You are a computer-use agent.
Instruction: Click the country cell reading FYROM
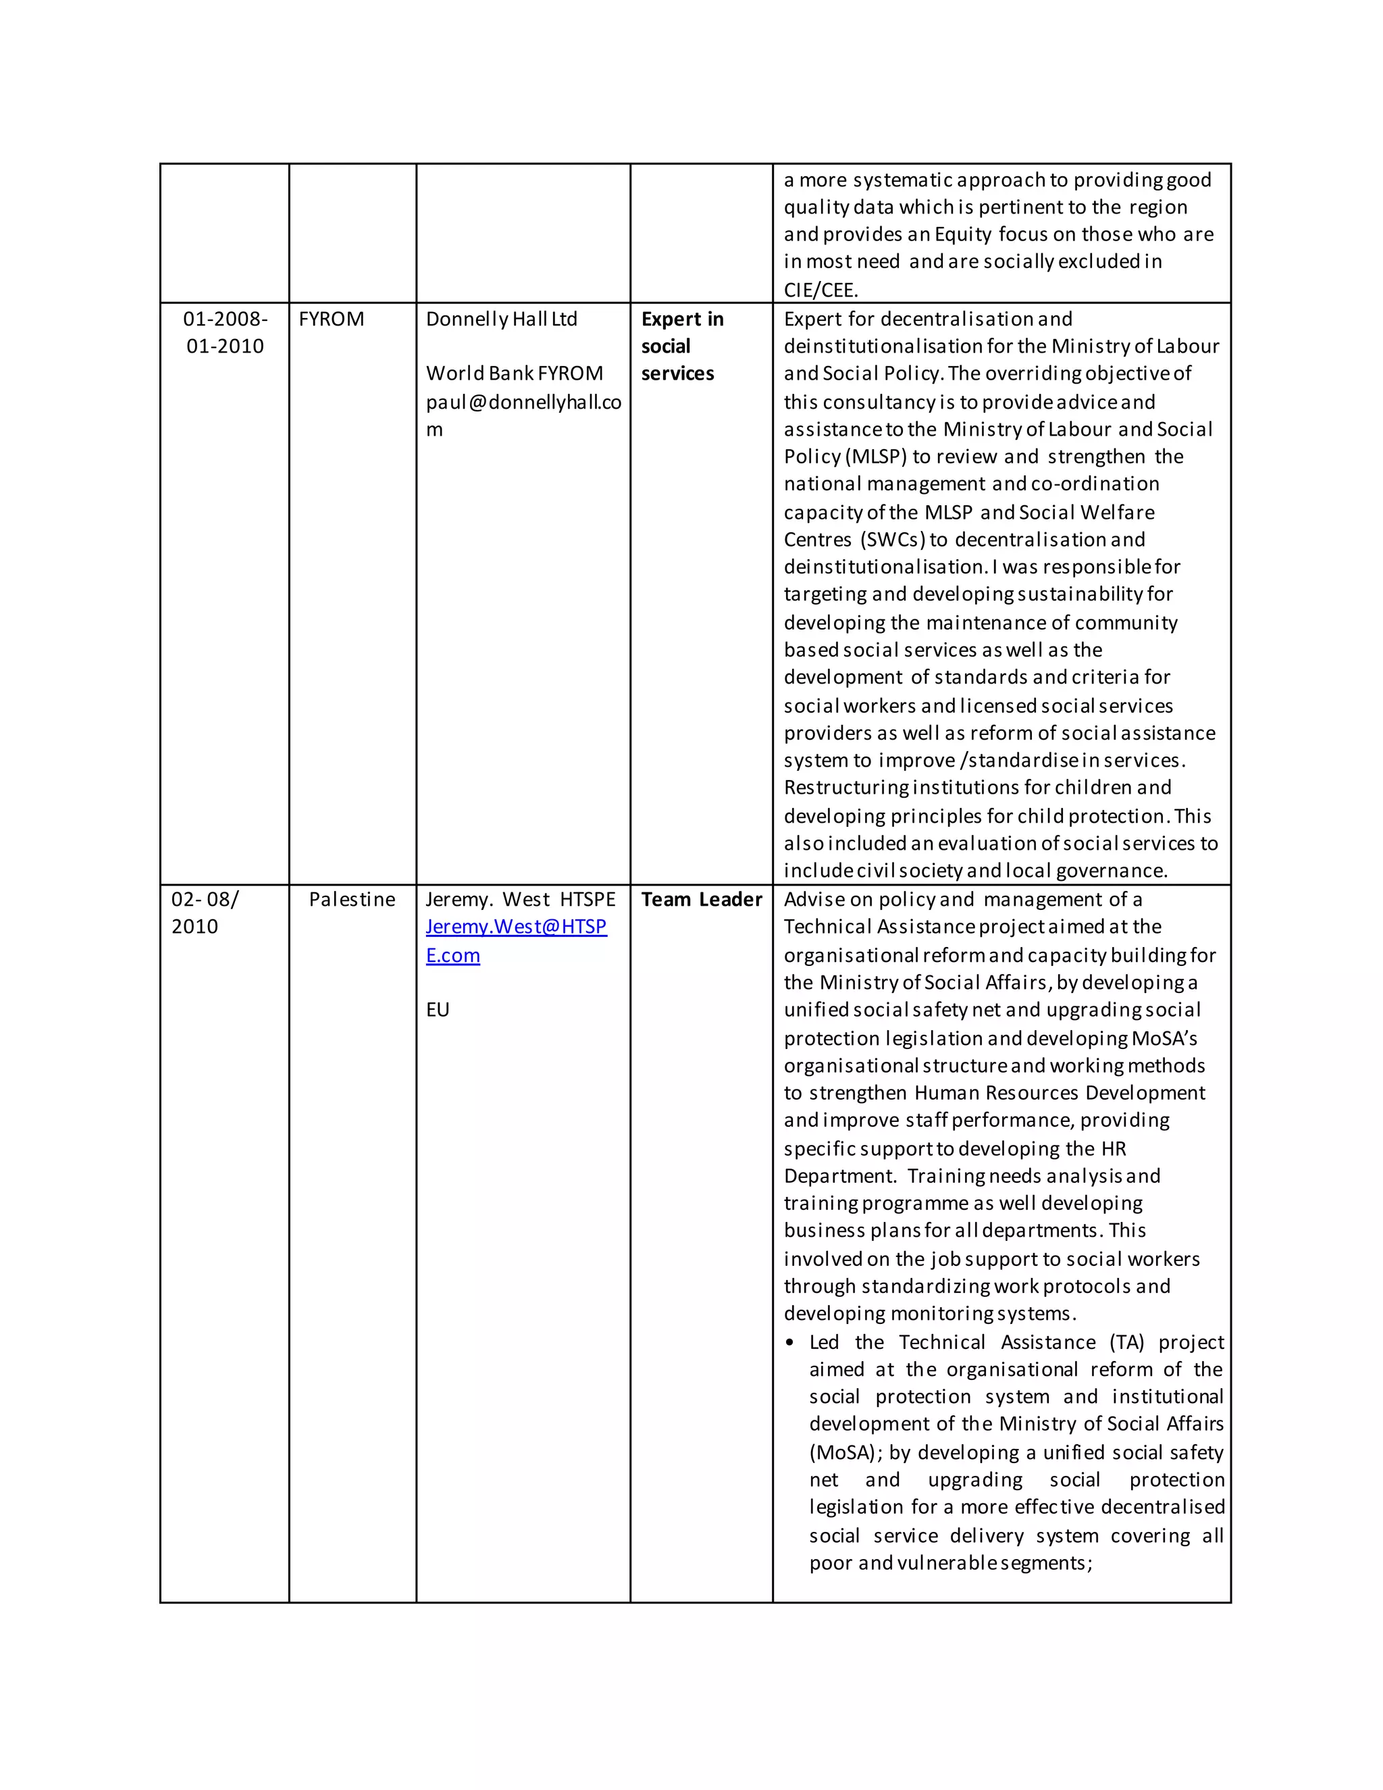(x=331, y=319)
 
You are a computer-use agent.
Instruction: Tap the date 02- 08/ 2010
(x=204, y=912)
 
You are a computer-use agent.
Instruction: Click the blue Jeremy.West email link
(x=515, y=940)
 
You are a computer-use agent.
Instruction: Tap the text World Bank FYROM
(x=514, y=373)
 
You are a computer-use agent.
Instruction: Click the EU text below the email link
(x=438, y=1009)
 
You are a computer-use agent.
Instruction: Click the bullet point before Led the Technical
(x=790, y=1343)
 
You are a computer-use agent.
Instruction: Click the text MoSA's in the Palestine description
(x=1164, y=1038)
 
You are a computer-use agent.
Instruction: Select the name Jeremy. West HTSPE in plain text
(x=520, y=899)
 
